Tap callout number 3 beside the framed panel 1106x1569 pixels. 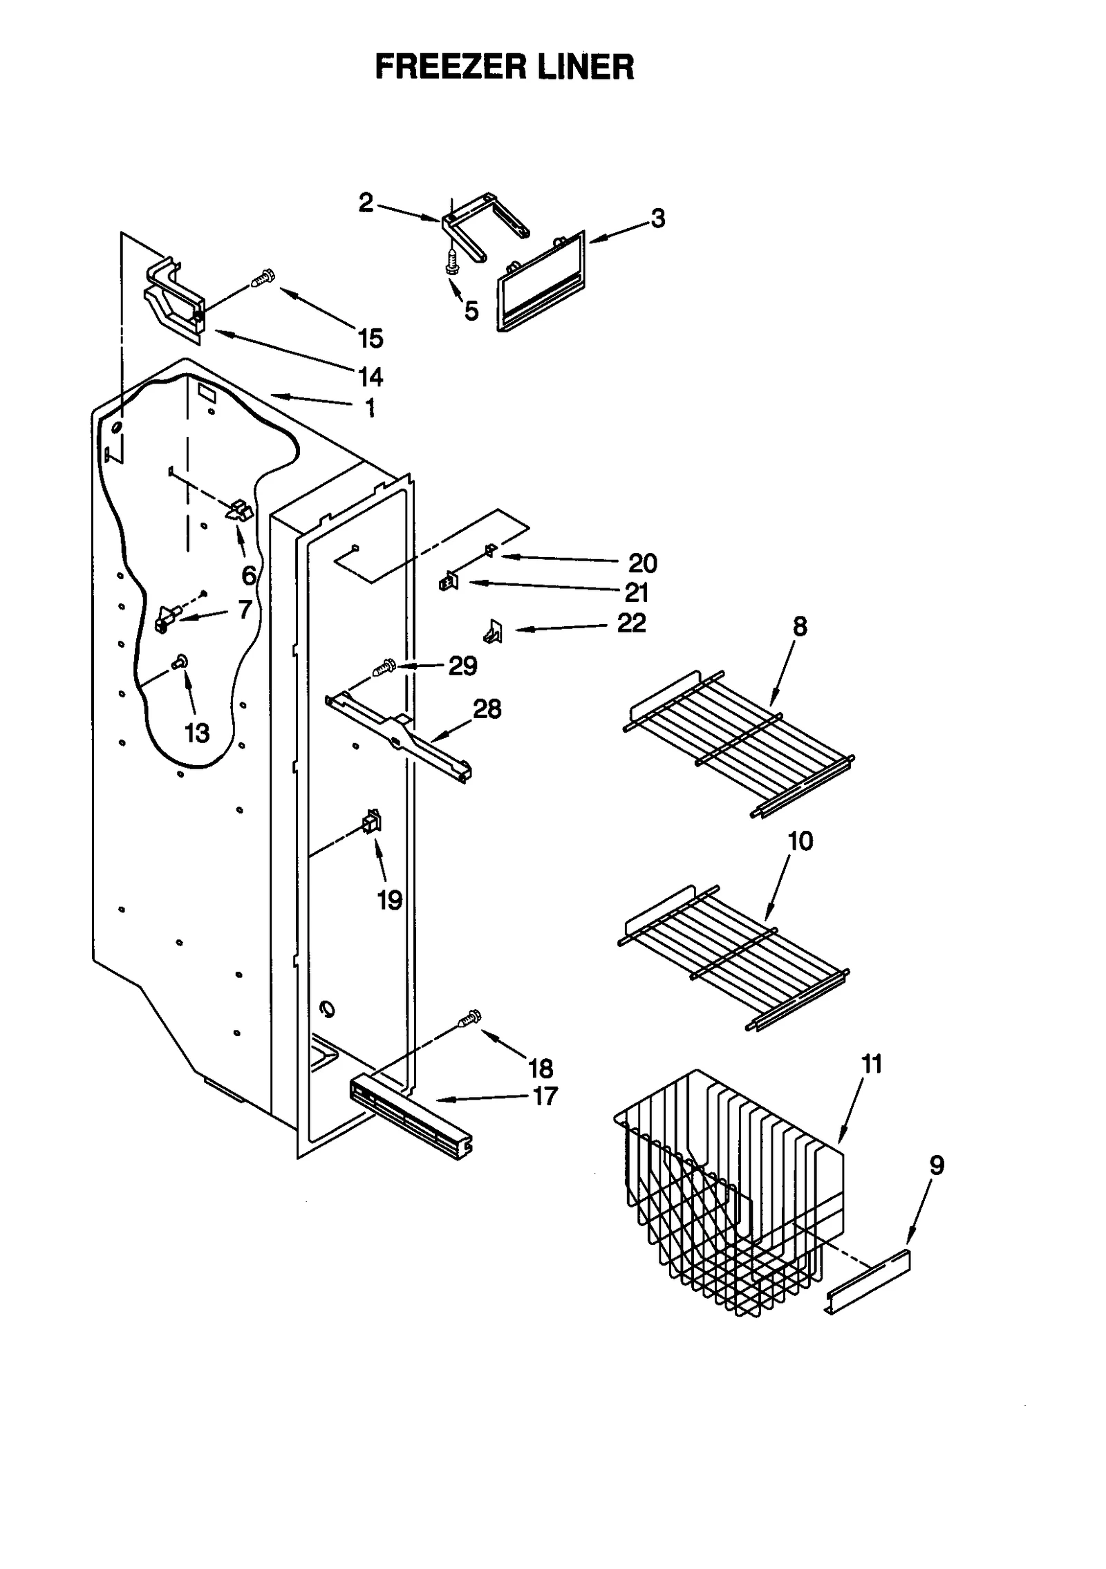(657, 218)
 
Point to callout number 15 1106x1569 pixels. (371, 339)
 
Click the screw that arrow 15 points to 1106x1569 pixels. (263, 278)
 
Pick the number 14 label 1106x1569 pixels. (371, 377)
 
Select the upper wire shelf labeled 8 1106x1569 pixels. (740, 743)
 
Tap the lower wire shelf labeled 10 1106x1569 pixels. (733, 957)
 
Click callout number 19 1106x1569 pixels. (389, 900)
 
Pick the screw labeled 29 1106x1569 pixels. (382, 668)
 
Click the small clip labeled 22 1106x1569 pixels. (494, 630)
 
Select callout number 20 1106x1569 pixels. (642, 563)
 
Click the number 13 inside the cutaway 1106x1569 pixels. (197, 732)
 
